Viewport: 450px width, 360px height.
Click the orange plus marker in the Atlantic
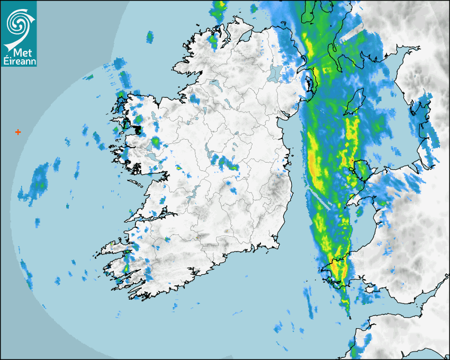point(18,132)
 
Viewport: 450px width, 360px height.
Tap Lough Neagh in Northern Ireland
point(274,74)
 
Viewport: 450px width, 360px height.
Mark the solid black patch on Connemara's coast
point(137,129)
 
